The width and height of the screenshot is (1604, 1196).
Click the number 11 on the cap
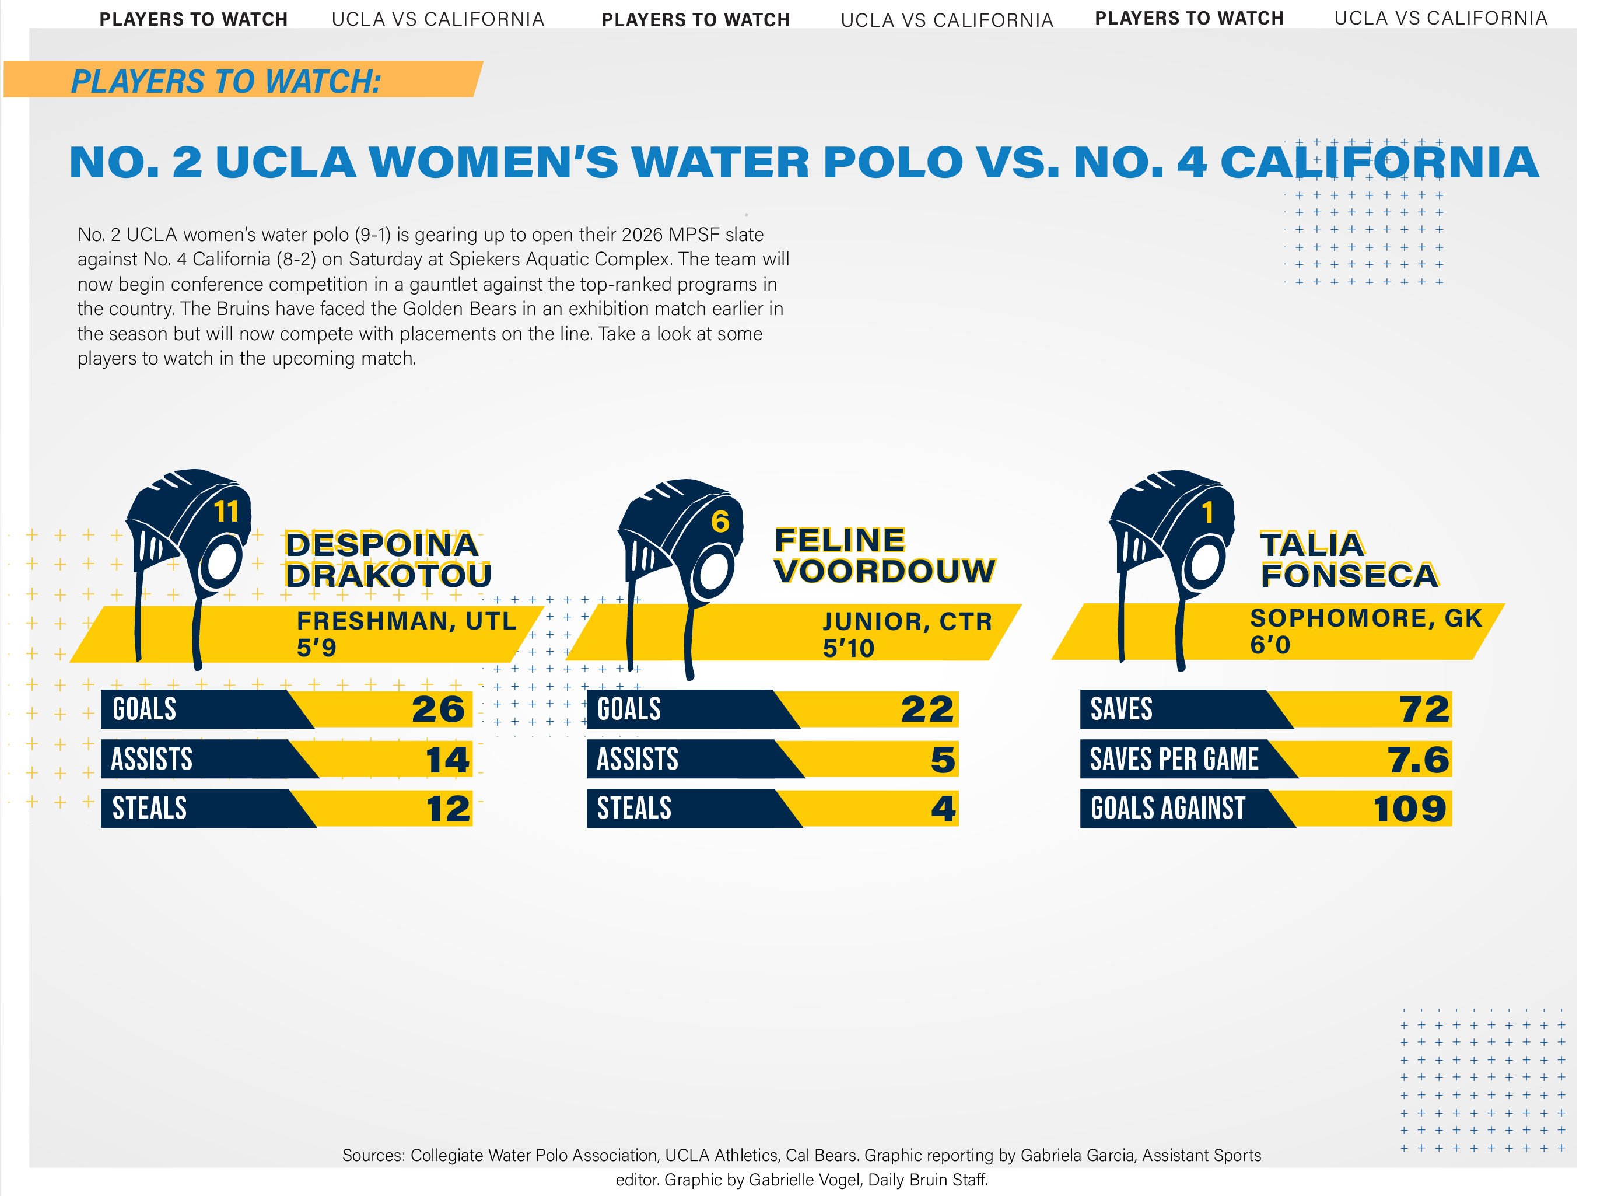(x=226, y=512)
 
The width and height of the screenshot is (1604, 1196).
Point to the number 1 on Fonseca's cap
(x=1207, y=513)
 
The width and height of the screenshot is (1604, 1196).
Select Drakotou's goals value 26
(x=438, y=709)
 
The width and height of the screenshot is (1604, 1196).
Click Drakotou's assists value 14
(x=447, y=760)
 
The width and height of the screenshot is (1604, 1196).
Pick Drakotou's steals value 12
(x=448, y=809)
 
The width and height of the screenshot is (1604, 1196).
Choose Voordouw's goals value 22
(x=927, y=709)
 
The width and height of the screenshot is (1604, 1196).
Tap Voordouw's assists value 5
(x=943, y=760)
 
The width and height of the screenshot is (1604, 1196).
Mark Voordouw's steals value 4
(x=943, y=809)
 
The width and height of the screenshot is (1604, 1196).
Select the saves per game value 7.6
(x=1418, y=760)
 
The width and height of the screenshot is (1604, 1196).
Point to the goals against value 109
(x=1410, y=809)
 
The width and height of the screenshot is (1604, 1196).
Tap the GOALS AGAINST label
(x=1168, y=808)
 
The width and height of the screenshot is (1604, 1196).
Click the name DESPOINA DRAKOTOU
(x=388, y=559)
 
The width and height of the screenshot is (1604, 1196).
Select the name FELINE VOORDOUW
(x=884, y=555)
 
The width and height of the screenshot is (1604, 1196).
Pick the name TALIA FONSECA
(x=1349, y=559)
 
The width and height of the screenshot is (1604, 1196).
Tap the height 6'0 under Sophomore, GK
(x=1270, y=644)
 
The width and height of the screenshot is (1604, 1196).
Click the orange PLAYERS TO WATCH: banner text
(x=226, y=81)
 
